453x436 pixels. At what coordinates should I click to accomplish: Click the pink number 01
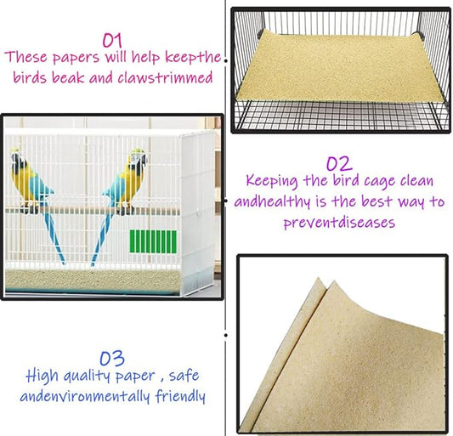pos(112,39)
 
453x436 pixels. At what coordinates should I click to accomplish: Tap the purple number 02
pos(338,163)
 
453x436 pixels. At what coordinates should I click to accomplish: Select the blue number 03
pos(114,356)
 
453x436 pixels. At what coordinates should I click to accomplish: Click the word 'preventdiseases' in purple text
pos(338,221)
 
